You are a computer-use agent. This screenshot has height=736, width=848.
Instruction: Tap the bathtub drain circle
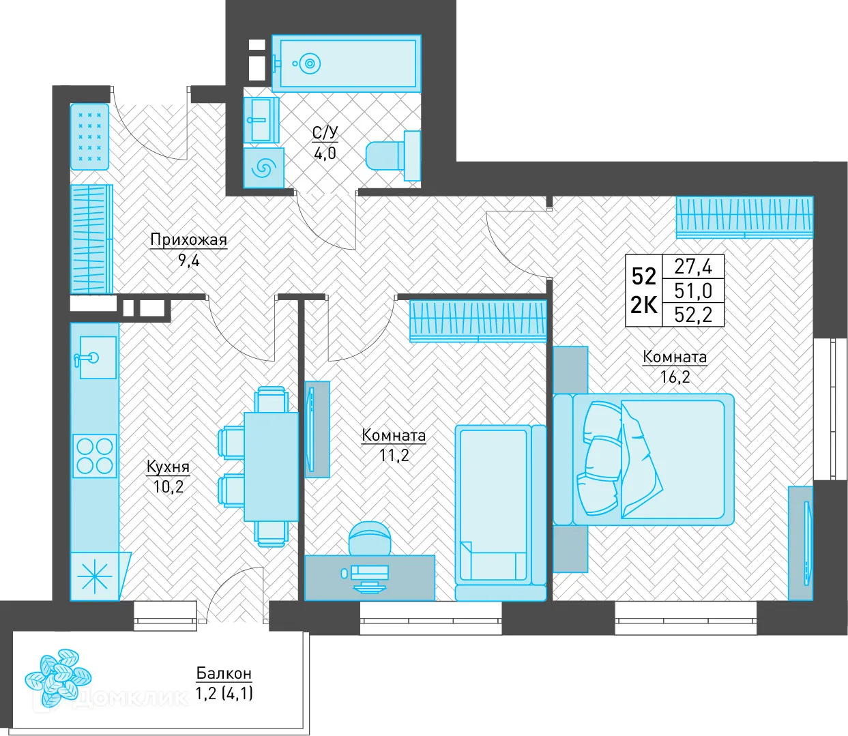point(310,64)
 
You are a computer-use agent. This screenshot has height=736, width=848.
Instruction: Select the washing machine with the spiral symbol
point(263,168)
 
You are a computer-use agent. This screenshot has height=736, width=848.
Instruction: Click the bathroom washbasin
point(261,121)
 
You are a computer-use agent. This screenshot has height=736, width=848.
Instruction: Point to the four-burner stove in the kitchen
point(95,456)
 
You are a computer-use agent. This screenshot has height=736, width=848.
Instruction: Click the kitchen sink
point(98,357)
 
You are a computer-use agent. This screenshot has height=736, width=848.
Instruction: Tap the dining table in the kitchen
point(271,466)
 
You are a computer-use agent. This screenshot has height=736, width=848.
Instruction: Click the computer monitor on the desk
point(369,573)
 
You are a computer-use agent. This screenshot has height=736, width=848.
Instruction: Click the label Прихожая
point(188,240)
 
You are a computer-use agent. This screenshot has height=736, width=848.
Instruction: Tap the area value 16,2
point(675,377)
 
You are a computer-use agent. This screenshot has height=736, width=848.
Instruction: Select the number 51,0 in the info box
point(693,291)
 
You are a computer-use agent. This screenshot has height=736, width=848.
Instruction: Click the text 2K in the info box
point(643,306)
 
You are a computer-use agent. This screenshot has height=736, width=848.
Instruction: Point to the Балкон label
point(224,673)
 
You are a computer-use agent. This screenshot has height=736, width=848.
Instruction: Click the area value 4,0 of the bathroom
point(325,153)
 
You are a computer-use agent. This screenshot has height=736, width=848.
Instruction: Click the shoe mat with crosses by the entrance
point(89,136)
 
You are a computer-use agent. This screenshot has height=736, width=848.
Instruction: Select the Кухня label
point(169,467)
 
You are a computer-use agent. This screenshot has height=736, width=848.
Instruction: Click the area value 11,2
point(394,456)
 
